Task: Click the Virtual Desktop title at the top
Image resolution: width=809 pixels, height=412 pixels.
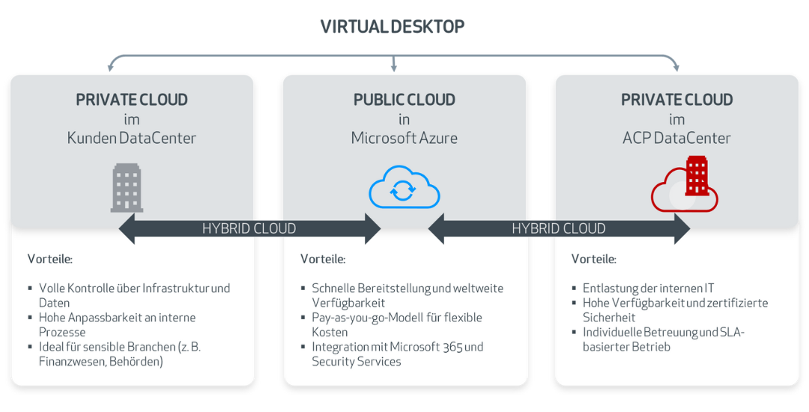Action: click(x=393, y=27)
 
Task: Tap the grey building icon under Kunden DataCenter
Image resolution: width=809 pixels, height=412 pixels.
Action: click(x=127, y=188)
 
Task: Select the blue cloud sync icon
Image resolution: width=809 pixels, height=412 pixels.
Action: click(x=404, y=188)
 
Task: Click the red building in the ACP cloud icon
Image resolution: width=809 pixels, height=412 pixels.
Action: click(x=697, y=175)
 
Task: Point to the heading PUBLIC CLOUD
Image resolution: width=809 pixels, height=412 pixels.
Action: click(x=404, y=100)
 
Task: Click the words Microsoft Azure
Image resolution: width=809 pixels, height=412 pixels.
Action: click(x=404, y=138)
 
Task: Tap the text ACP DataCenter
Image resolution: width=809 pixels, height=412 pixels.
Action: click(x=676, y=138)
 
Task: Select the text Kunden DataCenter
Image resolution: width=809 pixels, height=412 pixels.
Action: click(x=132, y=138)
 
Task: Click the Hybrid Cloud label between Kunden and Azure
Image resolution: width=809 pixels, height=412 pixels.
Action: click(x=249, y=228)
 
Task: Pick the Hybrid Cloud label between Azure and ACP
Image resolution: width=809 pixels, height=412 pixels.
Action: click(x=559, y=228)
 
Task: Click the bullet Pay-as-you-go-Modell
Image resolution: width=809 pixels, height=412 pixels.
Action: click(x=396, y=318)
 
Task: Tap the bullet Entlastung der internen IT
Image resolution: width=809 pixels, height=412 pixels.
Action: click(x=648, y=288)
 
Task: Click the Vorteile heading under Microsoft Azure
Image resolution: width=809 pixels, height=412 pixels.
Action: click(x=323, y=259)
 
